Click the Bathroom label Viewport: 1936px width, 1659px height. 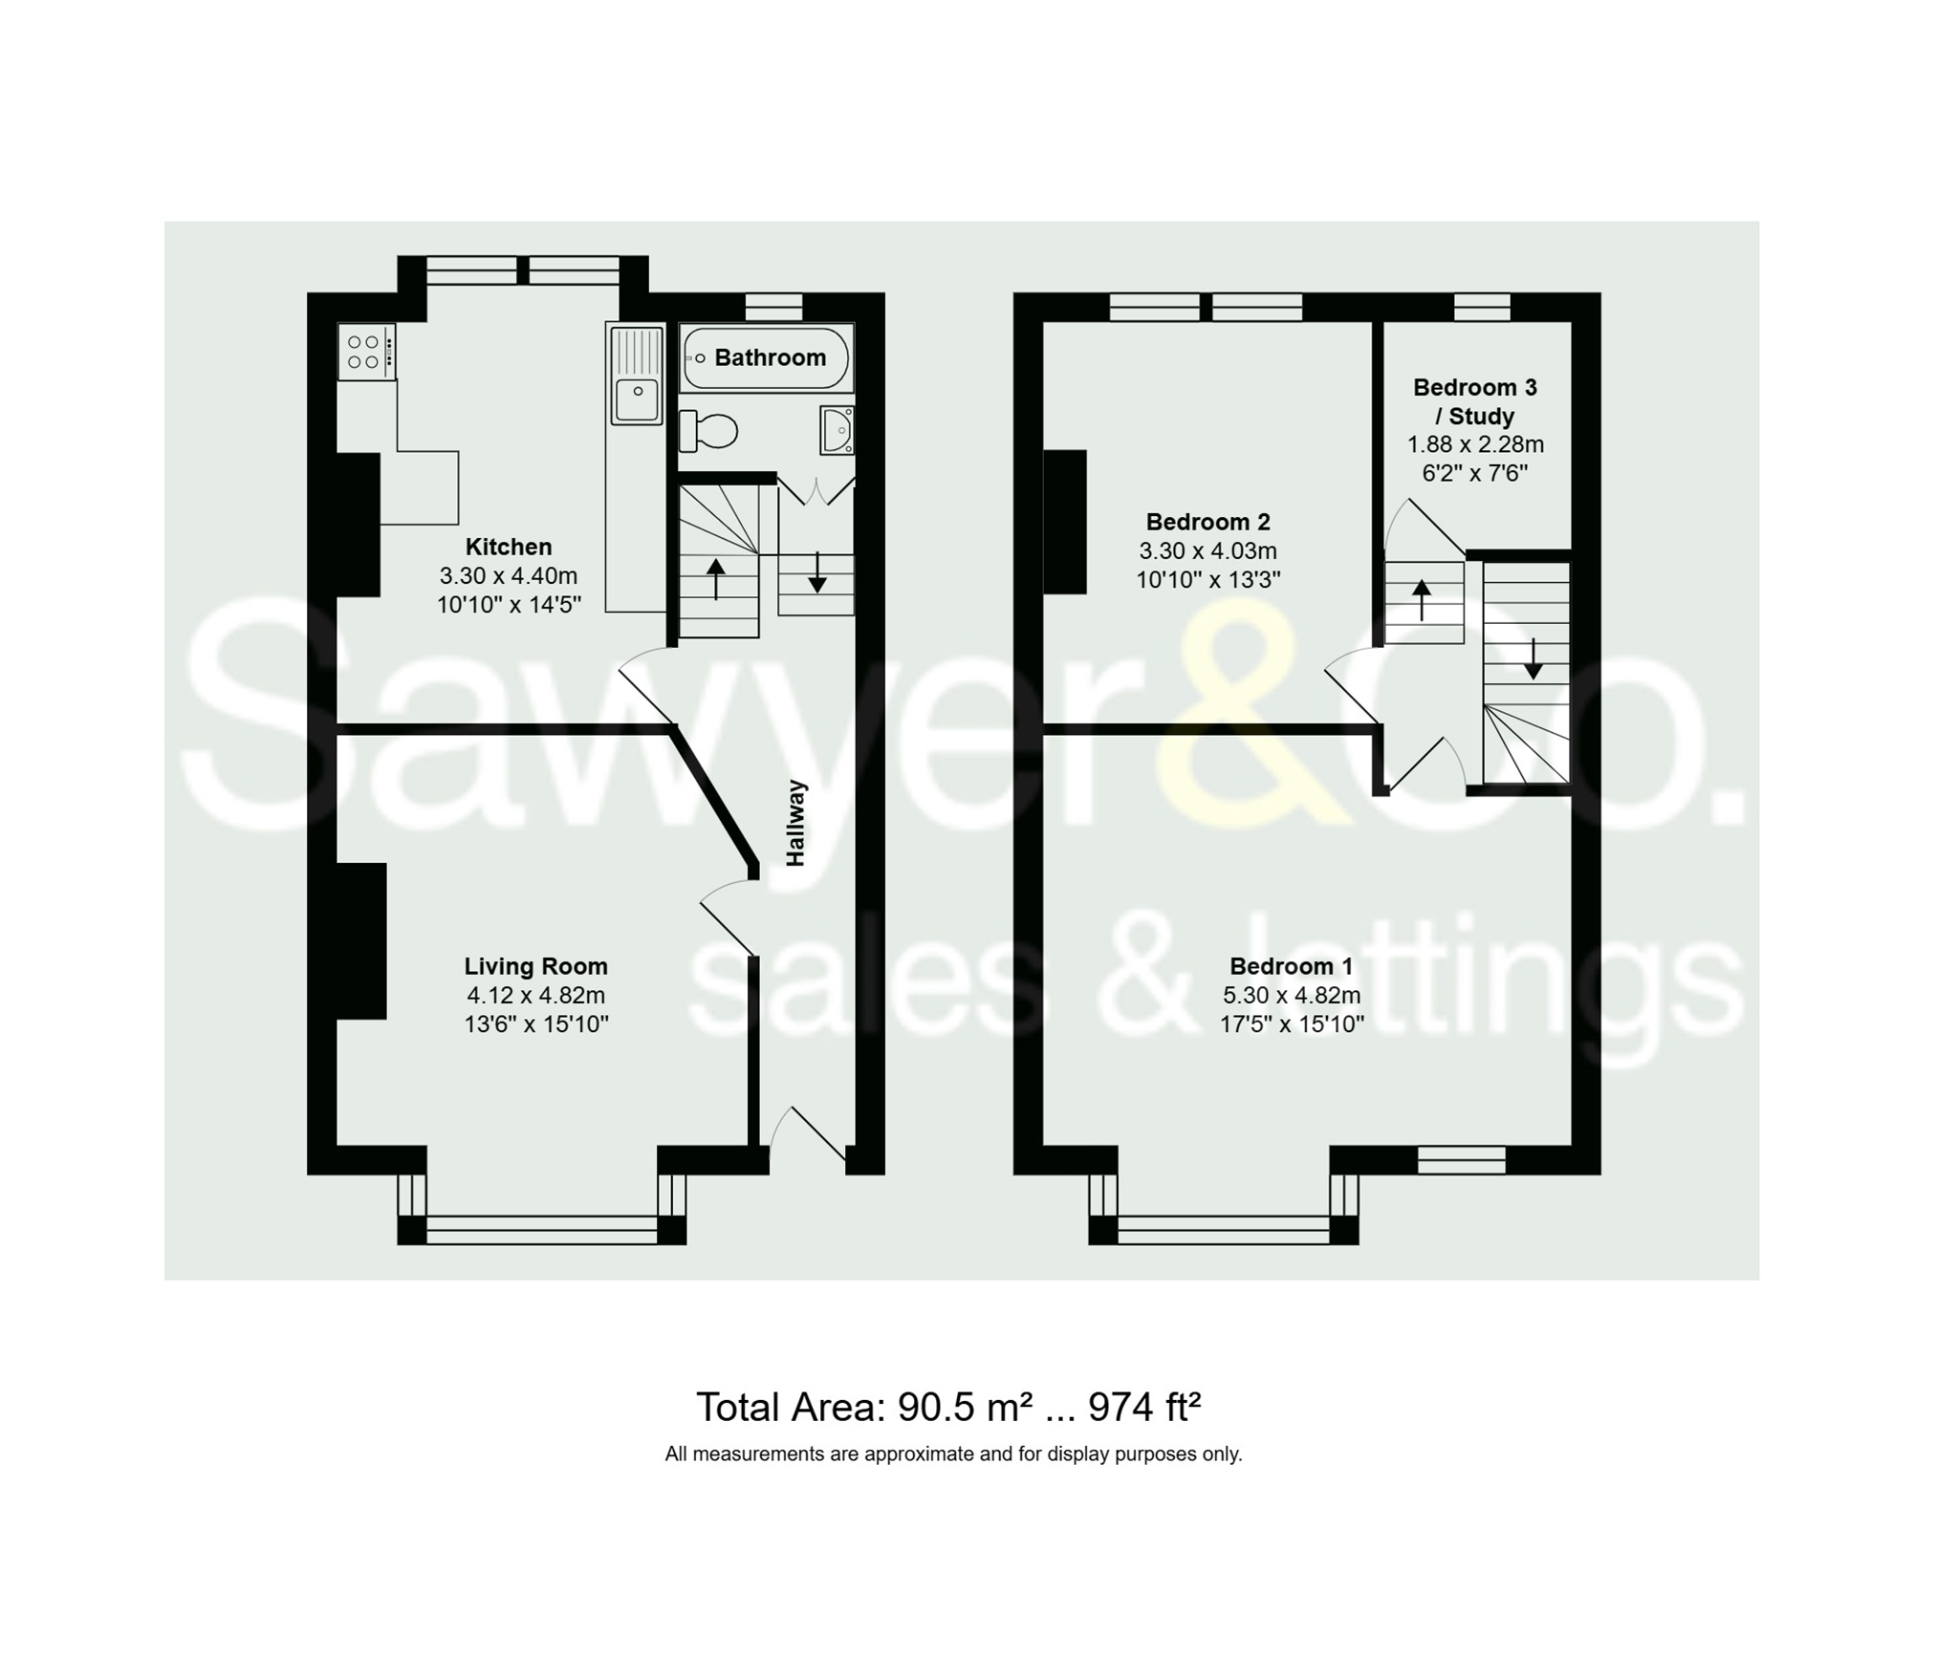[770, 357]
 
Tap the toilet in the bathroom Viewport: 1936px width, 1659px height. [708, 431]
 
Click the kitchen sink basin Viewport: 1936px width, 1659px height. [637, 397]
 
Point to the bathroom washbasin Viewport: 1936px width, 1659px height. [837, 430]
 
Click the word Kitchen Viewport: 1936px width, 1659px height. [509, 547]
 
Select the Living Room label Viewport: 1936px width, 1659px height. [535, 966]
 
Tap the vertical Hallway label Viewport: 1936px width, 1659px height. [795, 823]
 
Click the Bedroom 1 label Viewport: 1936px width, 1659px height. [1291, 966]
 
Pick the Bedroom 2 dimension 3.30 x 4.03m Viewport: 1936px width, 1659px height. [1207, 550]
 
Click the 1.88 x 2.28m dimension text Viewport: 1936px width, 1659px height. [1475, 444]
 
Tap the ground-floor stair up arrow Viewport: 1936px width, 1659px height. [716, 578]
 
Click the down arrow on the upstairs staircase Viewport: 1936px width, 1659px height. [1533, 658]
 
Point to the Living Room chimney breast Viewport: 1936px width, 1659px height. [360, 940]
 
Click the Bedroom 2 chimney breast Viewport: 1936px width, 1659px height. [1065, 522]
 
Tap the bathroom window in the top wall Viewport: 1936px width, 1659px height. [773, 306]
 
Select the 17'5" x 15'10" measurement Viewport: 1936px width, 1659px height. [1291, 1024]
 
